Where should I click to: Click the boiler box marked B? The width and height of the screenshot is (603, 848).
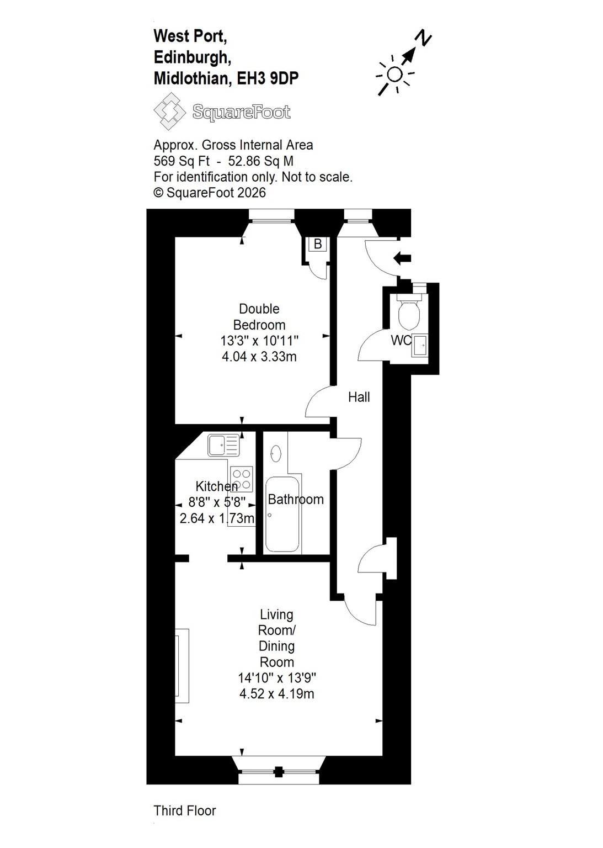pyautogui.click(x=317, y=244)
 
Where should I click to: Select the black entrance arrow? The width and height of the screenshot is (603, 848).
pyautogui.click(x=402, y=258)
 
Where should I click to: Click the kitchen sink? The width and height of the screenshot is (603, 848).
pyautogui.click(x=223, y=445)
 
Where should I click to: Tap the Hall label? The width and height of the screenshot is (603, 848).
pyautogui.click(x=359, y=397)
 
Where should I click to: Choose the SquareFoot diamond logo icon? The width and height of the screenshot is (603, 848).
pyautogui.click(x=169, y=112)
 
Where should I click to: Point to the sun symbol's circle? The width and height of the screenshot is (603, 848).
pyautogui.click(x=395, y=73)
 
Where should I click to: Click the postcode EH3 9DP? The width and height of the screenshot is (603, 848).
pyautogui.click(x=268, y=78)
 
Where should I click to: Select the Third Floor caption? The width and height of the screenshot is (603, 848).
pyautogui.click(x=185, y=810)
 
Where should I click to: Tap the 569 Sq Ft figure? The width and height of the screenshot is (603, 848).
pyautogui.click(x=181, y=161)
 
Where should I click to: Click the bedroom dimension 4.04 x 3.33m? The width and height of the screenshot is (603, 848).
pyautogui.click(x=259, y=356)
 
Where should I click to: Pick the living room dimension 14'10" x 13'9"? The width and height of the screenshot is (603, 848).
pyautogui.click(x=277, y=677)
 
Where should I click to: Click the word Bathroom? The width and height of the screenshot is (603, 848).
pyautogui.click(x=296, y=499)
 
